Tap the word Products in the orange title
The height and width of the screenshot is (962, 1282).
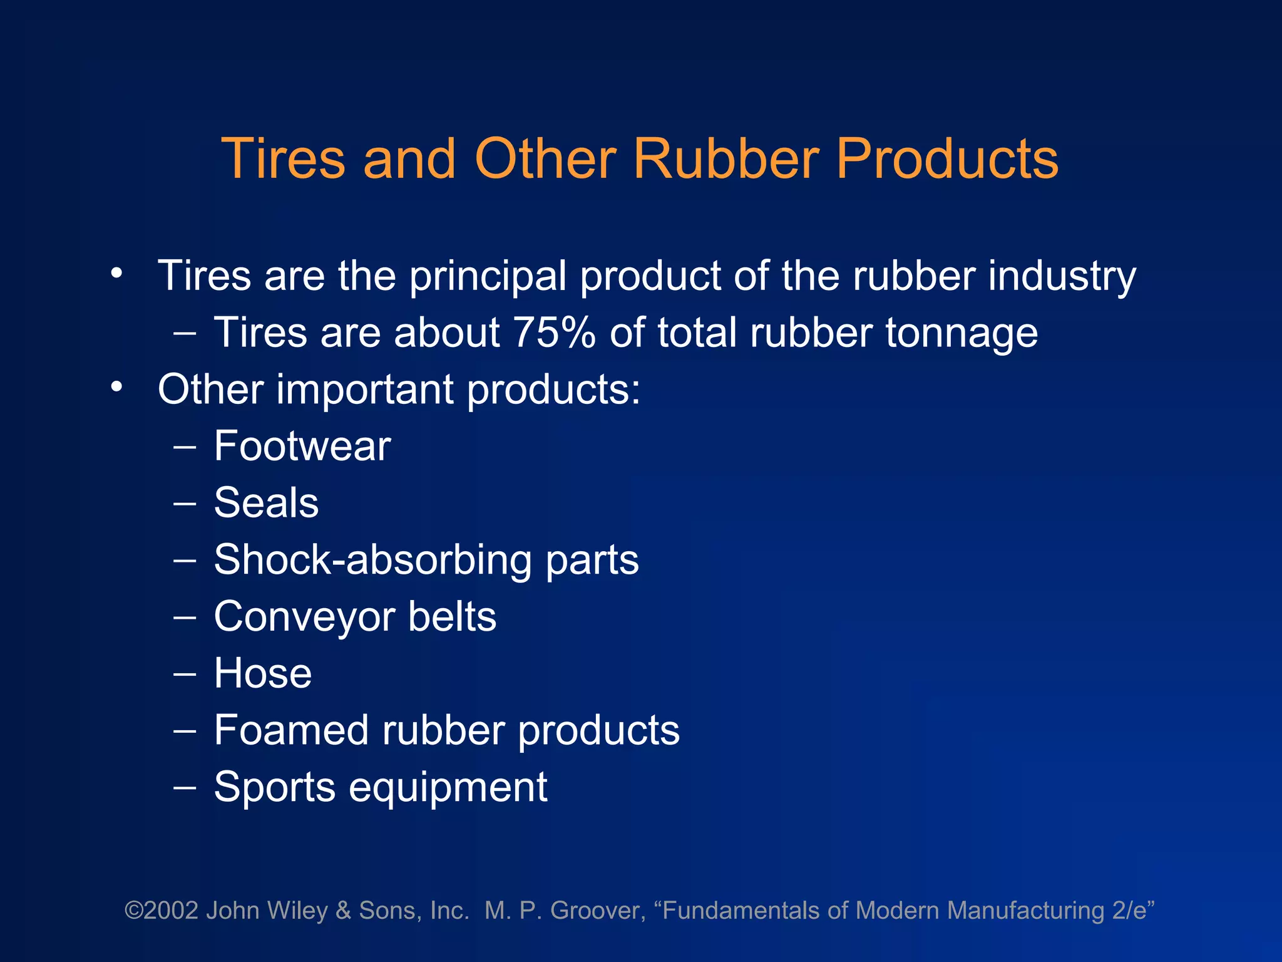pos(947,158)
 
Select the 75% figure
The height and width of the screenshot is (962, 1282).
pos(553,332)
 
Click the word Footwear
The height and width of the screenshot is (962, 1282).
pos(302,446)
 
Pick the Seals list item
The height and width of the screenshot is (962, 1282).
pos(266,503)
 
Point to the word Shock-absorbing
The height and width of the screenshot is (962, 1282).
pos(372,560)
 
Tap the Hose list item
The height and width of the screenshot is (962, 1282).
pos(263,674)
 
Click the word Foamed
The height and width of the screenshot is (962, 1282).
pos(291,730)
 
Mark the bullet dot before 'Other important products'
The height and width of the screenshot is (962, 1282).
pos(116,388)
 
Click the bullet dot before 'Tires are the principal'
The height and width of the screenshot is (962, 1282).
pos(116,274)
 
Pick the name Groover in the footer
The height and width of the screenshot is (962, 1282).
pos(598,911)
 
